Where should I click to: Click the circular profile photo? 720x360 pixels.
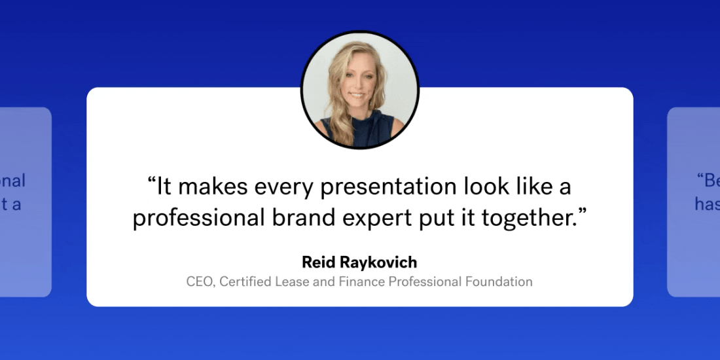click(359, 89)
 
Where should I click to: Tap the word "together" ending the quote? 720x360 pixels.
click(532, 219)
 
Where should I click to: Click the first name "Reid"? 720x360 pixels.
click(317, 262)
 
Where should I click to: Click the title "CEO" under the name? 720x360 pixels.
click(200, 282)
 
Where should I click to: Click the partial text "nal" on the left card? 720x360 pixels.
click(13, 180)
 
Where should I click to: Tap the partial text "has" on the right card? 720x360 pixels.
click(707, 205)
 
